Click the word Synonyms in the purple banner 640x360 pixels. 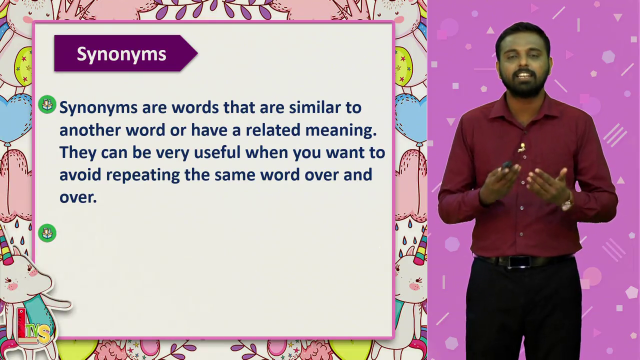click(x=121, y=54)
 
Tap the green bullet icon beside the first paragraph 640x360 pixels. click(x=47, y=104)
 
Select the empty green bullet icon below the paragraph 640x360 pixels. click(x=47, y=233)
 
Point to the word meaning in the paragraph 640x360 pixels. click(x=341, y=130)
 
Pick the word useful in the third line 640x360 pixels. click(x=217, y=152)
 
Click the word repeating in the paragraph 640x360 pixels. click(x=143, y=175)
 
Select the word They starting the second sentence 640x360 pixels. click(x=77, y=152)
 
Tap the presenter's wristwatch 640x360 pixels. click(x=567, y=204)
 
